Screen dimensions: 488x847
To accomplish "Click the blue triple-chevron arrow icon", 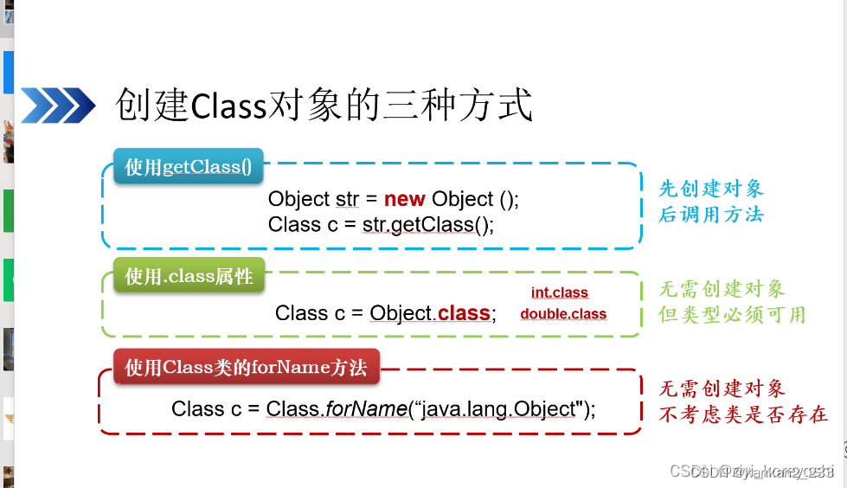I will (x=57, y=106).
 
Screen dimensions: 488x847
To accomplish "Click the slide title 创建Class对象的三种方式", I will (x=324, y=106).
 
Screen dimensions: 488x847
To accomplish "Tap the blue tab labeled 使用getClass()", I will (x=188, y=167).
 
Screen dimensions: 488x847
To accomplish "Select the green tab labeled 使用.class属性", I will (x=189, y=276).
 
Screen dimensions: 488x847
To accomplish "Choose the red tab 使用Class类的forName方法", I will (x=246, y=368).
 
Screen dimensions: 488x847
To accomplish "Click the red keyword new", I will (x=404, y=199).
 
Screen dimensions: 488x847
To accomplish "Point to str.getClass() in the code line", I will (x=427, y=225).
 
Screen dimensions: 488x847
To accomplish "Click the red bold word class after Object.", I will (x=464, y=313).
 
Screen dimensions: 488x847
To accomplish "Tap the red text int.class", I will (x=559, y=293).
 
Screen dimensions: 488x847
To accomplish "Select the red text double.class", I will (x=563, y=314).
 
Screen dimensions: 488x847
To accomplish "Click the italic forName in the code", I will (x=366, y=409).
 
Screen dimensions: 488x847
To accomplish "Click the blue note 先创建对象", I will (x=711, y=189).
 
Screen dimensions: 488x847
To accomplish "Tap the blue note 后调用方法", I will (x=711, y=214).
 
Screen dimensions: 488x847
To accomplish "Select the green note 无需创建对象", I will (x=722, y=289).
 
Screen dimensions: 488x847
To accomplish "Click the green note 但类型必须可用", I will (x=732, y=314).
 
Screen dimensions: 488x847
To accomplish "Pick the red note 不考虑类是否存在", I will (x=743, y=414).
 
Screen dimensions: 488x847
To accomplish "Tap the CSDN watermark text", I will (x=752, y=472).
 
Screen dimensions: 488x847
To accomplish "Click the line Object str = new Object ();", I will (x=394, y=199).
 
